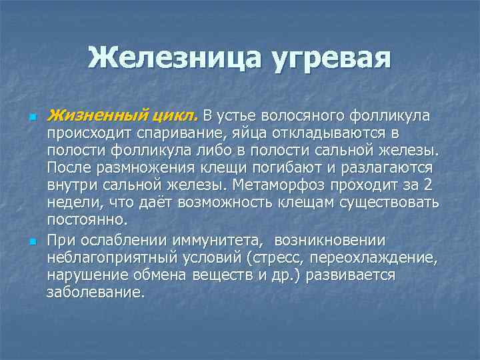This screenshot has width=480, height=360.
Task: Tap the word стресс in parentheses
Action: tap(279, 257)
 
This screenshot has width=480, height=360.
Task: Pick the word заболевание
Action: tap(95, 291)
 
